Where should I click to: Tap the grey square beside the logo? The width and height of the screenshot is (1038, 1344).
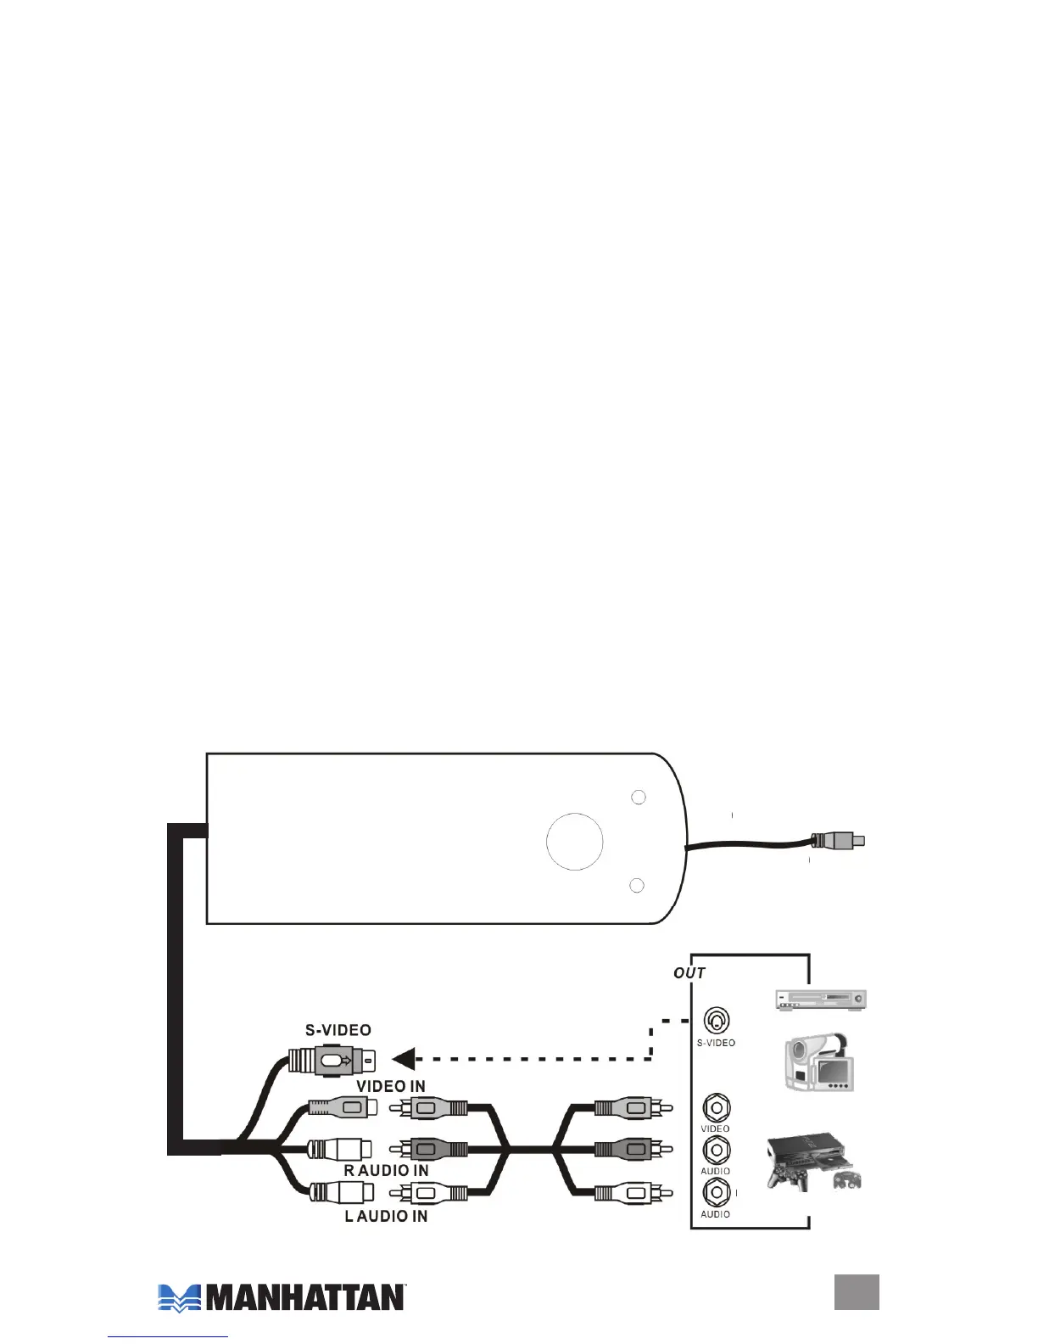coord(857,1292)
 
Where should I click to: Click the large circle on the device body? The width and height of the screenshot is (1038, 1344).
coord(575,842)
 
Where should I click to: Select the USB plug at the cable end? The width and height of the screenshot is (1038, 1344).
coord(840,841)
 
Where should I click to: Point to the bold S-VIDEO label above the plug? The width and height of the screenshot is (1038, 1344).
coord(338,1030)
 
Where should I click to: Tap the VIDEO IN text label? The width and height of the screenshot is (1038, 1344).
coord(391,1086)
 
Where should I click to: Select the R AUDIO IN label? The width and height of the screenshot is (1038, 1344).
coord(386,1170)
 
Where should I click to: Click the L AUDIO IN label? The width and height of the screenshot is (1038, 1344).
coord(386,1216)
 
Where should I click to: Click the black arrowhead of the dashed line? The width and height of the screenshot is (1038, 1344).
coord(404,1059)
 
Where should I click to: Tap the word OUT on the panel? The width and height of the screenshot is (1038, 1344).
coord(689,972)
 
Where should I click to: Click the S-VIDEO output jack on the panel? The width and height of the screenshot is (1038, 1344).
coord(717,1021)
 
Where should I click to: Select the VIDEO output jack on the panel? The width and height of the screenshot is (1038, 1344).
coord(717,1107)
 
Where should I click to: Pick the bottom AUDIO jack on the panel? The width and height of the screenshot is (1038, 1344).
coord(717,1192)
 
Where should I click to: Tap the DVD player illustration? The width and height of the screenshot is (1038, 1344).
coord(820,999)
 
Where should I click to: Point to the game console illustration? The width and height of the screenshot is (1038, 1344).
coord(812,1161)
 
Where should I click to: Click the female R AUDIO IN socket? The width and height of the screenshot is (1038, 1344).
coord(338,1149)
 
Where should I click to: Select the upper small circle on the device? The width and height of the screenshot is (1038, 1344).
coord(639,798)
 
